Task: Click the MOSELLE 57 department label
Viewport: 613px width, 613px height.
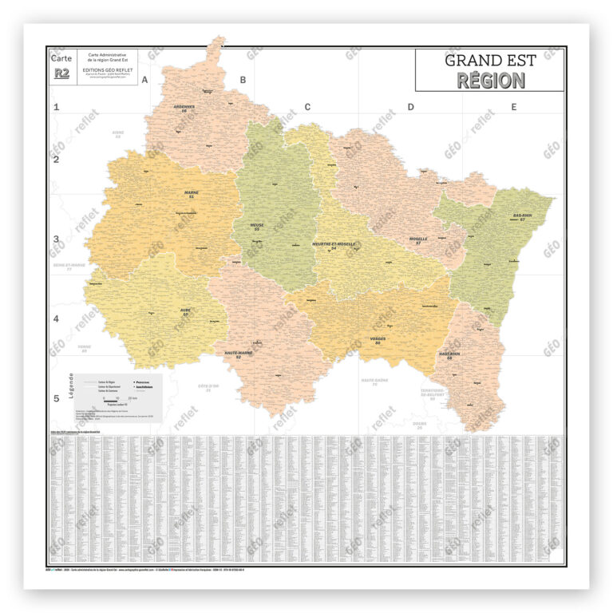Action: (418, 239)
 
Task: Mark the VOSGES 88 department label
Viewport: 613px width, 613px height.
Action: (378, 340)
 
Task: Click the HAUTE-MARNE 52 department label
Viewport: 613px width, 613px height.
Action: (233, 355)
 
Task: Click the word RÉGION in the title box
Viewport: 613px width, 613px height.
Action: (491, 81)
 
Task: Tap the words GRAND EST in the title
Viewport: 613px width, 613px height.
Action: (491, 61)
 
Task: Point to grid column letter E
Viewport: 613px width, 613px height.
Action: (514, 107)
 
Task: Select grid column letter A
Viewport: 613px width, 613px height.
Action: (145, 80)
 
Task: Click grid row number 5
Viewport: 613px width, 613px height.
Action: (56, 399)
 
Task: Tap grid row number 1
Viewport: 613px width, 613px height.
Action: (56, 107)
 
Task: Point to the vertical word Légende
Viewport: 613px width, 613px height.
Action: (72, 386)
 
